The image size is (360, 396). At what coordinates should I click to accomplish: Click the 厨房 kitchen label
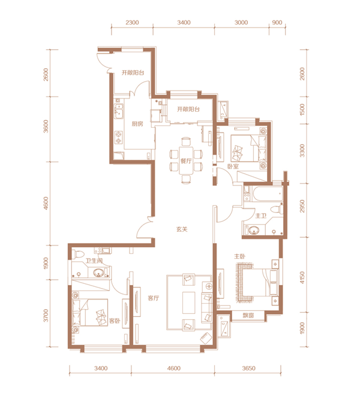[137, 124]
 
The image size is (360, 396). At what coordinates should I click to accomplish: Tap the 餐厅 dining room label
[186, 161]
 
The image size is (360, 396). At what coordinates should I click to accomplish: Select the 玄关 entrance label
[182, 229]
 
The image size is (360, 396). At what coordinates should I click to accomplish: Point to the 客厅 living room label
[154, 298]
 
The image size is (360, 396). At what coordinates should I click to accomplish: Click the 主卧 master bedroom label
[239, 256]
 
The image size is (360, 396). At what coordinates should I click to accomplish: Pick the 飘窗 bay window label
[248, 315]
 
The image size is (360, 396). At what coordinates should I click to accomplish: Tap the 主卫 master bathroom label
[261, 215]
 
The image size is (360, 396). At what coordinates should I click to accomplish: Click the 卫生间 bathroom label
[94, 260]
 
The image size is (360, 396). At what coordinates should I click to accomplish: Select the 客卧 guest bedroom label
[115, 321]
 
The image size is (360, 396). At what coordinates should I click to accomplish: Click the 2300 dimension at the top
[132, 22]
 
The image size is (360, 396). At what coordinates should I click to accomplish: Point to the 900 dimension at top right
[277, 22]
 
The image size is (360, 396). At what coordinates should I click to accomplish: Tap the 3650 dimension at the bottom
[248, 368]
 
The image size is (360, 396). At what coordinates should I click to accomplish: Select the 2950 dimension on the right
[302, 206]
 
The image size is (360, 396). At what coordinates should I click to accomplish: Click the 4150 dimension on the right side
[302, 278]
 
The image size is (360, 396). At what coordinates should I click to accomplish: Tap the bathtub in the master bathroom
[268, 194]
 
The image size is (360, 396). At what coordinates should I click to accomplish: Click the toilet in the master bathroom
[277, 209]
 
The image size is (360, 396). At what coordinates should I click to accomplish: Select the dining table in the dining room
[186, 160]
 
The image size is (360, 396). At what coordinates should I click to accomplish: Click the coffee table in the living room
[189, 302]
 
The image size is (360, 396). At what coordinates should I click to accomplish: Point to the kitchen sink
[118, 111]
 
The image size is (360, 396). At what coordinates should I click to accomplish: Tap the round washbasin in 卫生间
[98, 273]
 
